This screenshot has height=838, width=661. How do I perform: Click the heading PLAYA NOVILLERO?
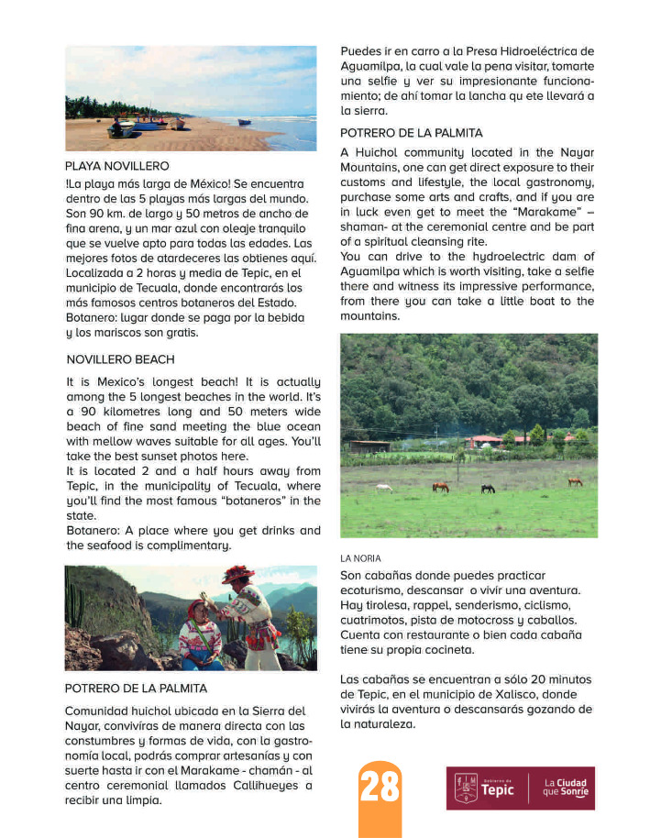117,167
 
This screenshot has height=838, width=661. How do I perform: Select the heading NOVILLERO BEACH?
120,359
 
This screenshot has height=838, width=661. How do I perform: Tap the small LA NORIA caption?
360,557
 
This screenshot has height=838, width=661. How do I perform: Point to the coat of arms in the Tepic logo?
466,788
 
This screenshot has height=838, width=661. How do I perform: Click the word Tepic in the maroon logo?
498,790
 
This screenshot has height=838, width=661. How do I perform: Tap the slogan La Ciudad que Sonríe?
565,788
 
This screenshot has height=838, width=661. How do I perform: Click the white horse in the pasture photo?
384,488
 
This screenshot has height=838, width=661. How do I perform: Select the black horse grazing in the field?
488,489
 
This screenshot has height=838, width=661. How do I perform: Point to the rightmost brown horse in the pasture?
575,481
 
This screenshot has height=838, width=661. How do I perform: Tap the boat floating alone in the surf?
245,121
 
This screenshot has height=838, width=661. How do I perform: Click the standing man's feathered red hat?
238,574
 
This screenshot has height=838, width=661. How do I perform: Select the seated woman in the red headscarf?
199,634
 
